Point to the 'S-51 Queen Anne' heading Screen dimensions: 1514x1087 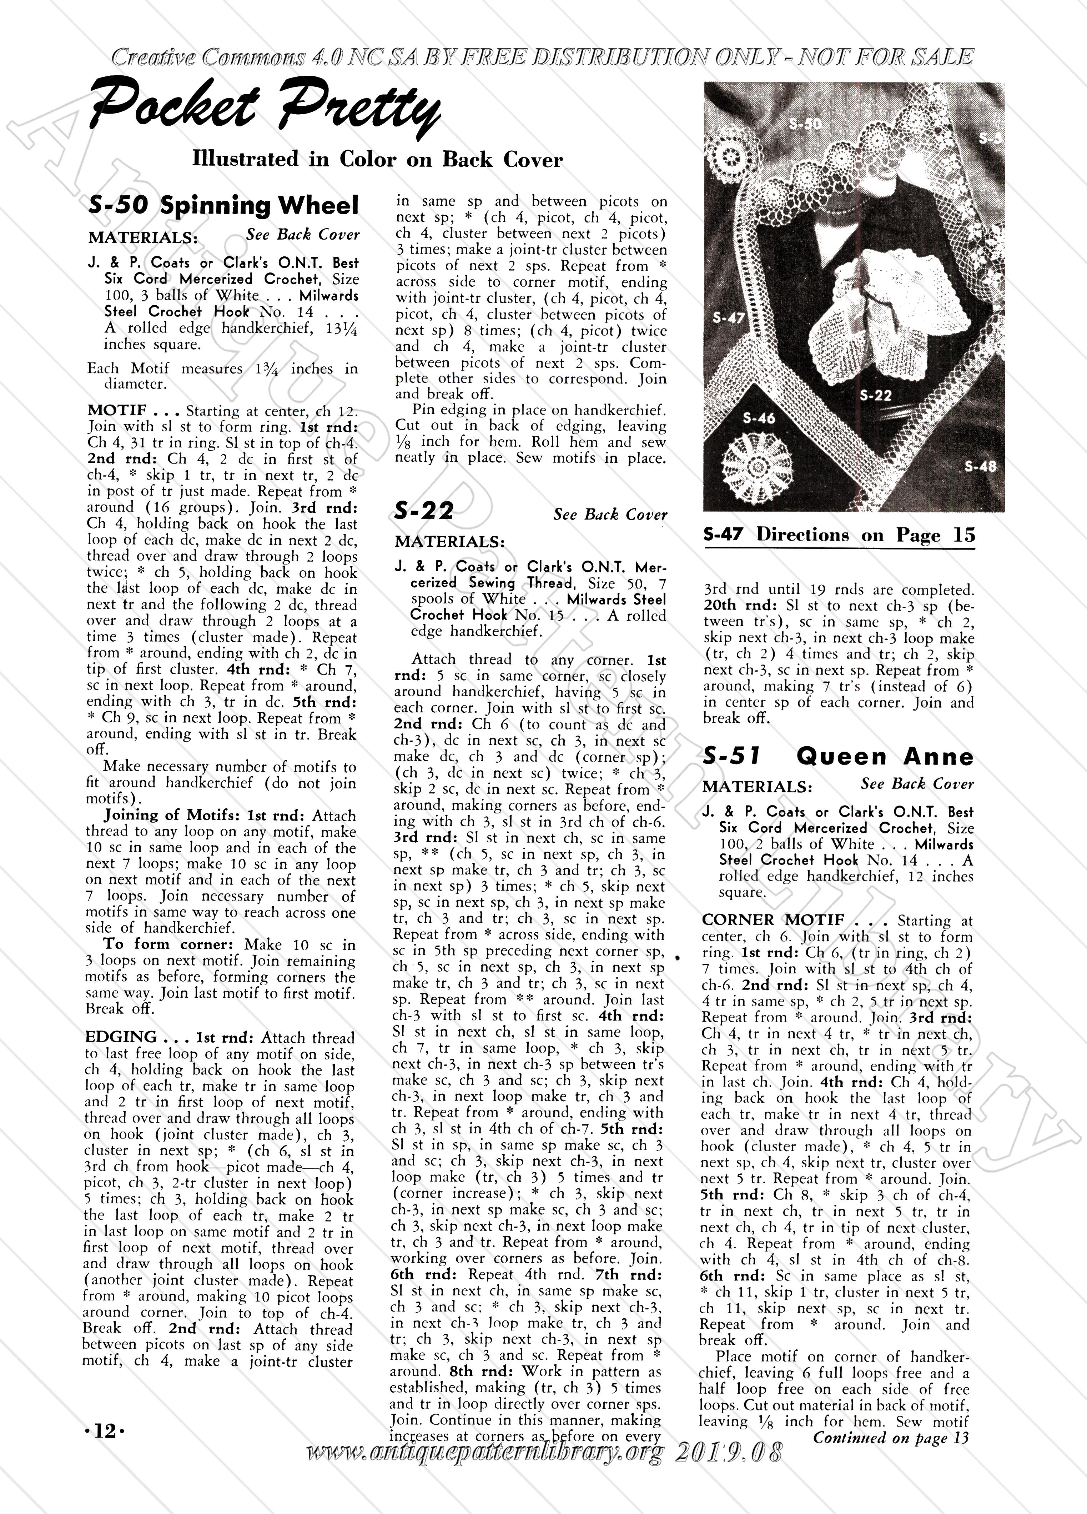click(837, 756)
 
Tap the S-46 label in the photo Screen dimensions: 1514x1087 click(759, 418)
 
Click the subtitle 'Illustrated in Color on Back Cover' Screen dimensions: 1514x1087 click(377, 160)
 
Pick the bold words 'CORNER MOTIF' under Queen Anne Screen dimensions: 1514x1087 click(773, 920)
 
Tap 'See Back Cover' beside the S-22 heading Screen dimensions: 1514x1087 click(610, 514)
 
